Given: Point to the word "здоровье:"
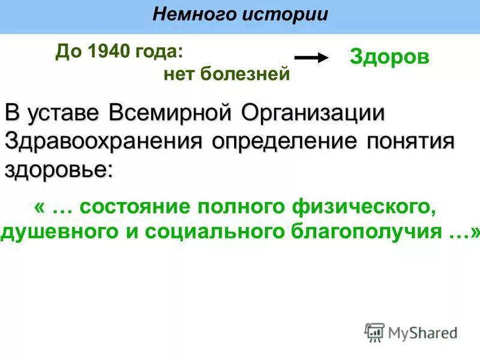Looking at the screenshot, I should coord(58,169).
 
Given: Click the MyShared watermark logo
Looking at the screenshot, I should coord(411,332).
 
